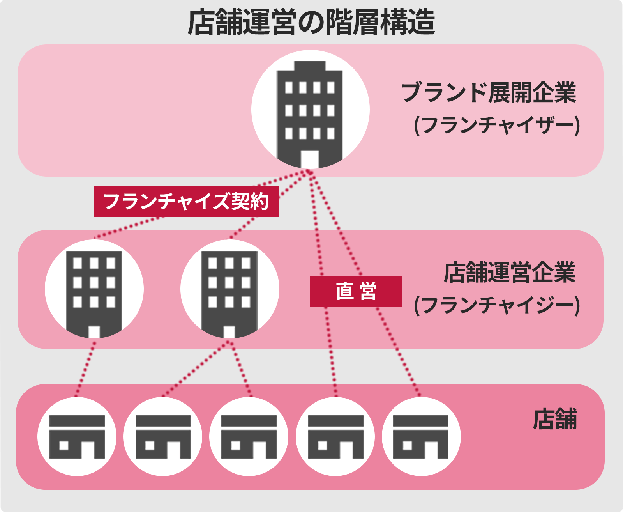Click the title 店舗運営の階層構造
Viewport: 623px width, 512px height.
[311, 22]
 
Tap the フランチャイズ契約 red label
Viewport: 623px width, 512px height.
[186, 202]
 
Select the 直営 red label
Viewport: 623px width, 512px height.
[356, 292]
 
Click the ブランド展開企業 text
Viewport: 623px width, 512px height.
[489, 92]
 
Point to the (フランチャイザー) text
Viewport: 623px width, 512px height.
[497, 126]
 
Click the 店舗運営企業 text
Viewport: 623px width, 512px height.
[510, 273]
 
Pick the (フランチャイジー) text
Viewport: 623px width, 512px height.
[497, 305]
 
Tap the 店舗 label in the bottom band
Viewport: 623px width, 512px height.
[554, 420]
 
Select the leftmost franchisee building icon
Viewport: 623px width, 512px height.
[94, 289]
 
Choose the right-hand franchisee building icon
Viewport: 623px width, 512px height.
[229, 289]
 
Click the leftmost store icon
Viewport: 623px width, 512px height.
[77, 437]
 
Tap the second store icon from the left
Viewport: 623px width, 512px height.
[163, 437]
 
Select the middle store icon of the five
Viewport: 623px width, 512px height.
[249, 437]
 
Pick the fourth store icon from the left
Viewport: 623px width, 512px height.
[335, 437]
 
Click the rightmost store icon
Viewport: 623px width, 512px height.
[421, 437]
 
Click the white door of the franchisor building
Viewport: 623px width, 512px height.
[310, 159]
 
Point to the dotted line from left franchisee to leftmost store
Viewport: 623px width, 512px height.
[86, 368]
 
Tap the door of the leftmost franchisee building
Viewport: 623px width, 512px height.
[94, 331]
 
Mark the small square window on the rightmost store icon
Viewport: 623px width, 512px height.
[408, 445]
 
